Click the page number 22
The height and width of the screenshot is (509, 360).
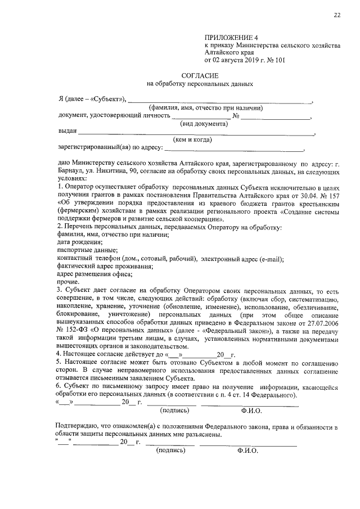pos(336,15)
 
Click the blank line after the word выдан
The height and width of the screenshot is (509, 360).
pos(196,133)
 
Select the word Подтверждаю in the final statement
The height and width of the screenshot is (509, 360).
pos(80,427)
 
